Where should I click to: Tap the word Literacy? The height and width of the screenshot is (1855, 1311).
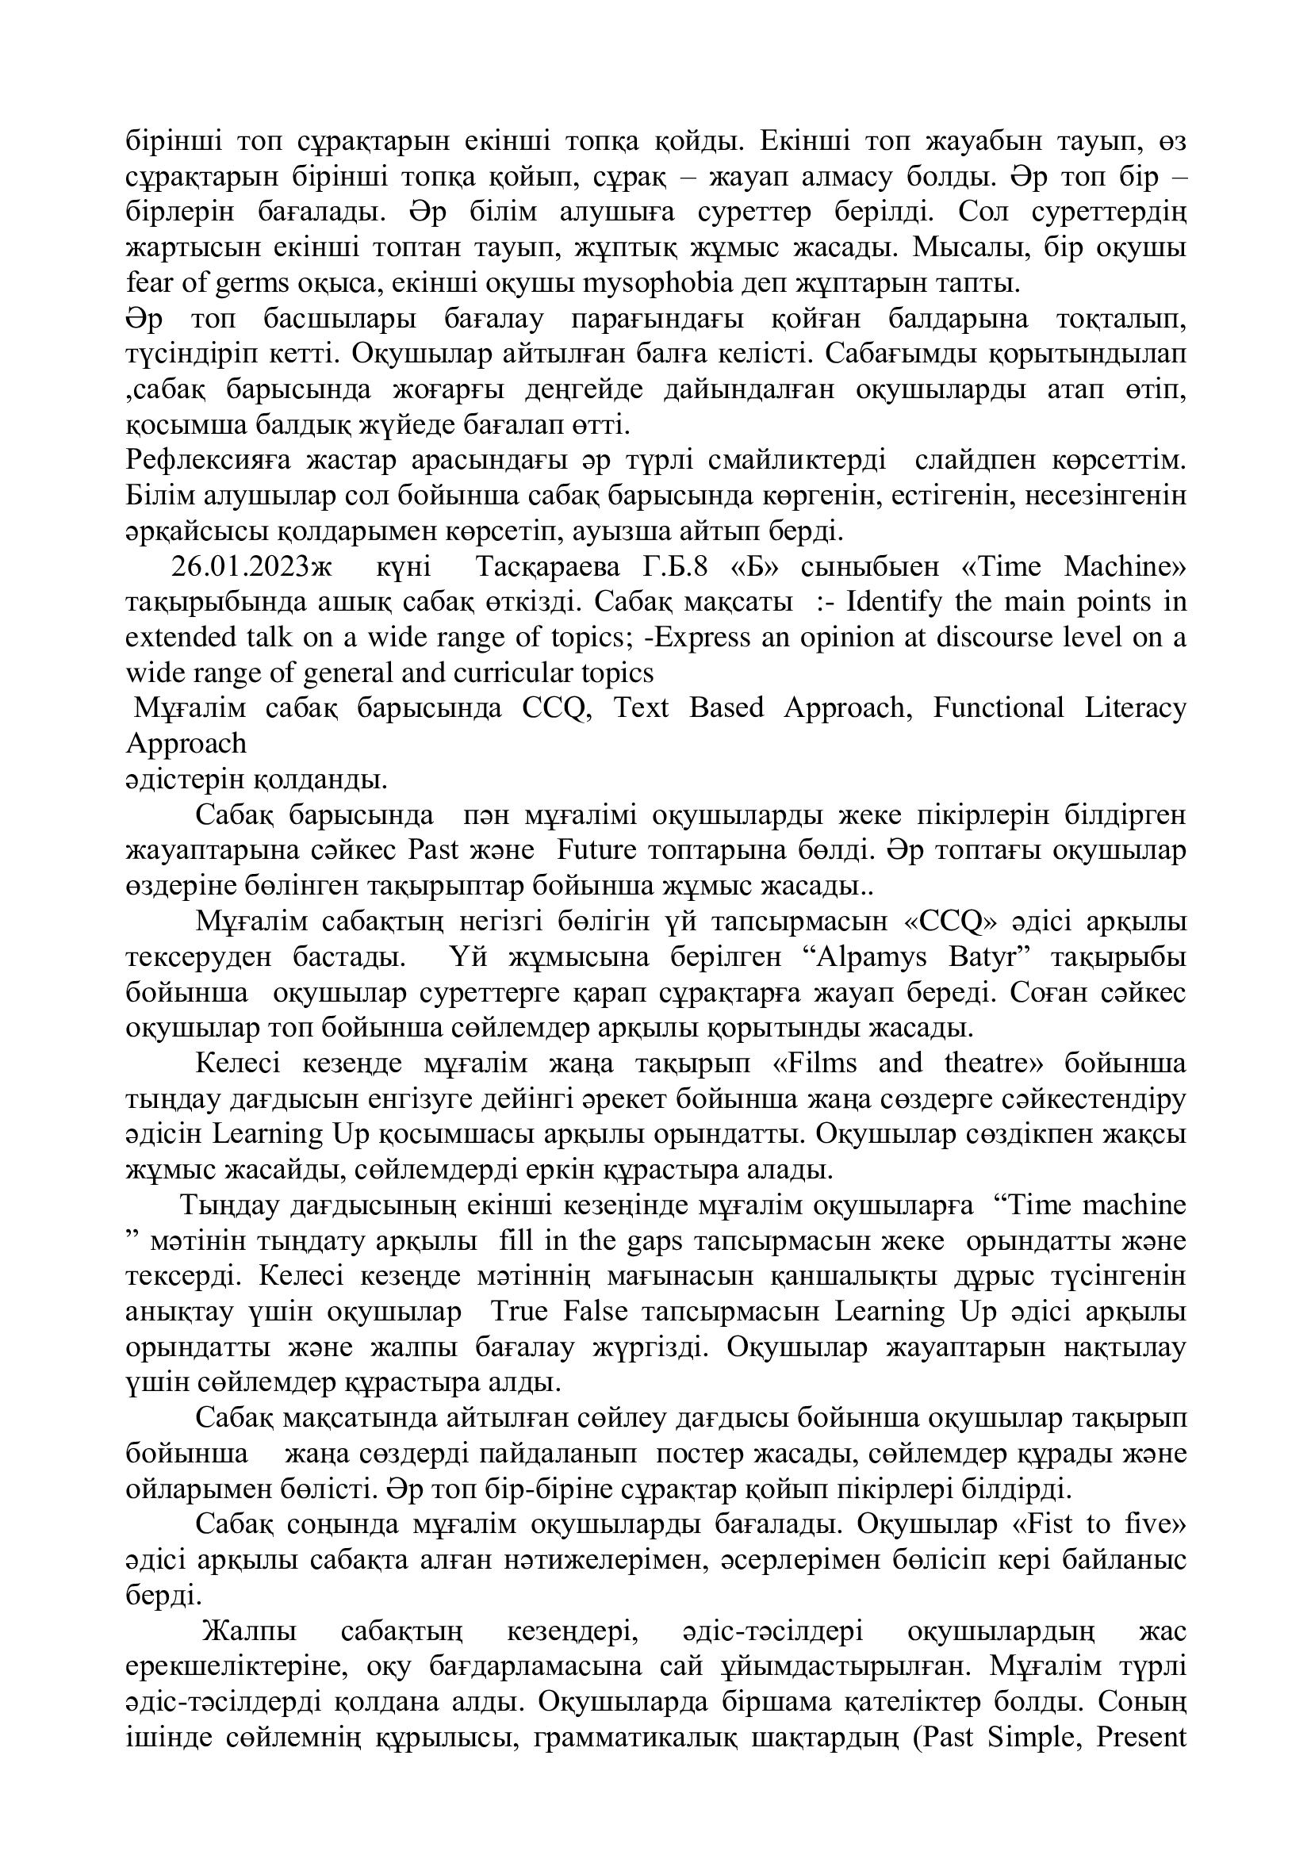point(1136,707)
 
